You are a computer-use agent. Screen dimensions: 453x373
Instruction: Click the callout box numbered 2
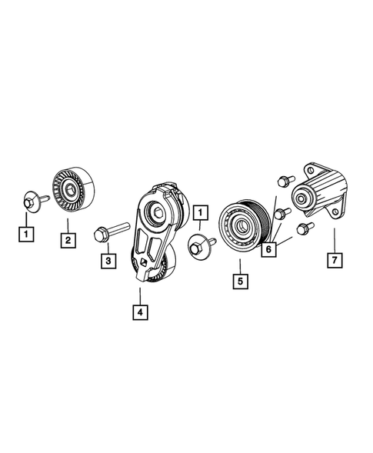tap(68, 241)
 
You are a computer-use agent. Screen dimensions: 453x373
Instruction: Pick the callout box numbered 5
tap(240, 281)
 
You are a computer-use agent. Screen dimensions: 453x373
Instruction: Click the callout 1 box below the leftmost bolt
tap(25, 231)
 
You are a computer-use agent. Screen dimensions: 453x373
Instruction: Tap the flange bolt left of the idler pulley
tap(31, 202)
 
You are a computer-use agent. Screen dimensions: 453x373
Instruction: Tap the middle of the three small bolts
tap(282, 212)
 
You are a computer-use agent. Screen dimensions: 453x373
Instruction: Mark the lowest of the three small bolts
tap(301, 228)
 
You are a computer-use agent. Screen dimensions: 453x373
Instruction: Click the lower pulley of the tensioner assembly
tap(159, 269)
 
